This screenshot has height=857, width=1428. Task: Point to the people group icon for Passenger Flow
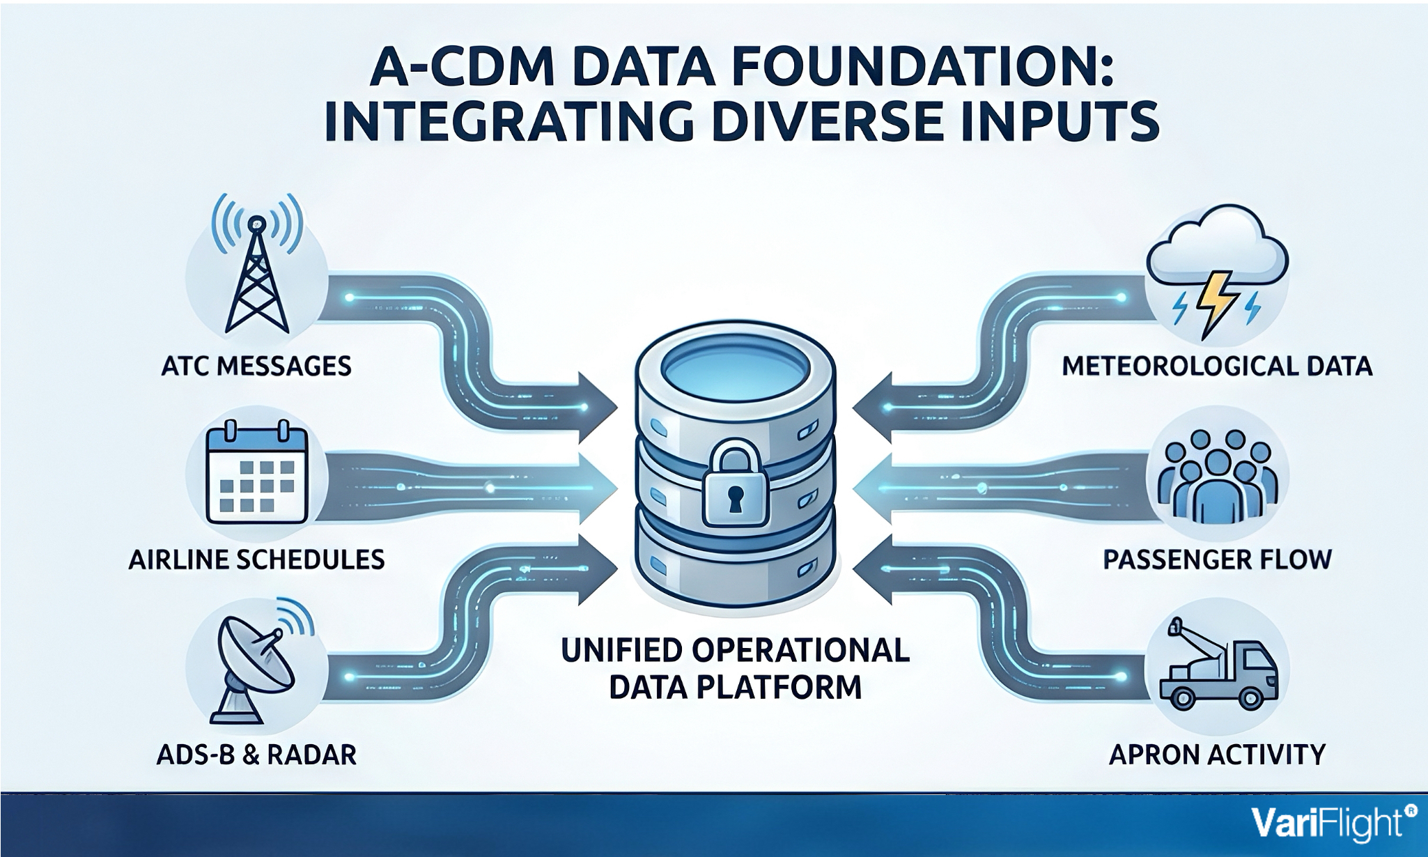1217,474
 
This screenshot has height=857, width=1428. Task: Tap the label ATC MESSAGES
256,366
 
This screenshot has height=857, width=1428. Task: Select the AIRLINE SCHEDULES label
256,559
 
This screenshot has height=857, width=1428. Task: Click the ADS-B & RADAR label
256,755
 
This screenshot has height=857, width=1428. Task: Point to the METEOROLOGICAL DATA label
1217,366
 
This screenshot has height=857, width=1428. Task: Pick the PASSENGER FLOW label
1217,559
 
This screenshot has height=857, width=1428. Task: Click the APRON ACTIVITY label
1217,755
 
